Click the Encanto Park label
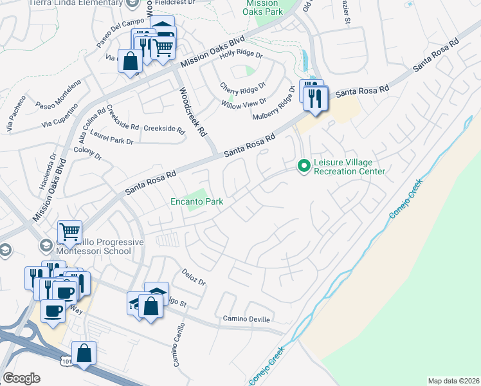click(x=197, y=202)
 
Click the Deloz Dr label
click(x=193, y=277)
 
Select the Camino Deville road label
click(x=247, y=319)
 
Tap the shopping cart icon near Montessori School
click(x=69, y=231)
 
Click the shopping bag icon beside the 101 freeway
click(x=84, y=353)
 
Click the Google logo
click(x=21, y=378)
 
